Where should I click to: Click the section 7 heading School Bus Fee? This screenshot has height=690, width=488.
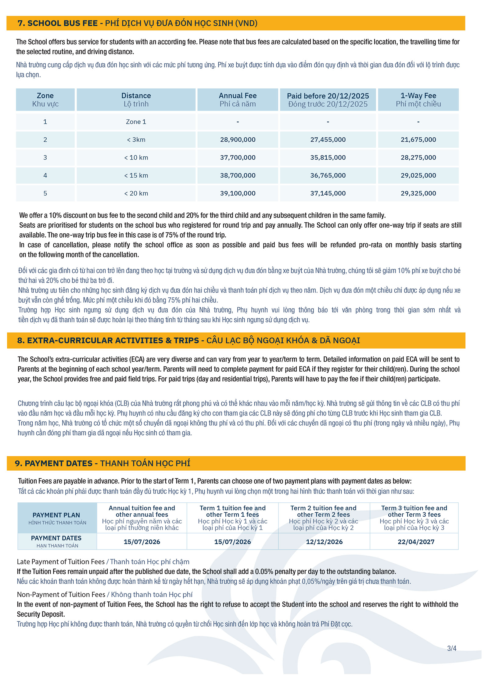tap(137, 23)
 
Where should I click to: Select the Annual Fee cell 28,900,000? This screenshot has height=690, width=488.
tap(238, 140)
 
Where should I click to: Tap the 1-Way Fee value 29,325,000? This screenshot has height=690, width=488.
tap(418, 193)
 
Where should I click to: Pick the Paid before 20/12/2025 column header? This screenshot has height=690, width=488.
tap(328, 100)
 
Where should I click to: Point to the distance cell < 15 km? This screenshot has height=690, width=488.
tap(136, 175)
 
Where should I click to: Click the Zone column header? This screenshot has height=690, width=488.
tap(45, 100)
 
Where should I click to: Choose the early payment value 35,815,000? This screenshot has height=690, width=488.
tap(328, 157)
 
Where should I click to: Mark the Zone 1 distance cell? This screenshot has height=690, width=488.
tap(136, 122)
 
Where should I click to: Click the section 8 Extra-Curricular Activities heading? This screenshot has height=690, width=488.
tap(188, 340)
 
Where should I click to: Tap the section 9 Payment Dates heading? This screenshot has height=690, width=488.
tap(102, 463)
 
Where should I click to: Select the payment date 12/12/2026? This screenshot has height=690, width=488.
tap(324, 542)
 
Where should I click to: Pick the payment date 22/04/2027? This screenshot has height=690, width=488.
tap(416, 542)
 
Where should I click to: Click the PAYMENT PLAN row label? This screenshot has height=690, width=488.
tap(57, 518)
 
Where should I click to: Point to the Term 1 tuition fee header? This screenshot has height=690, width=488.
tap(232, 518)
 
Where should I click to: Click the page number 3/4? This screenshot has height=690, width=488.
tap(451, 648)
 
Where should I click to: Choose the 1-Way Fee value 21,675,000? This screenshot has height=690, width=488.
tap(418, 140)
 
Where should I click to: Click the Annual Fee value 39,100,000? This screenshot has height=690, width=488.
tap(238, 193)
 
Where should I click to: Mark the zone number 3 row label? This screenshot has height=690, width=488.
tap(45, 157)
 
